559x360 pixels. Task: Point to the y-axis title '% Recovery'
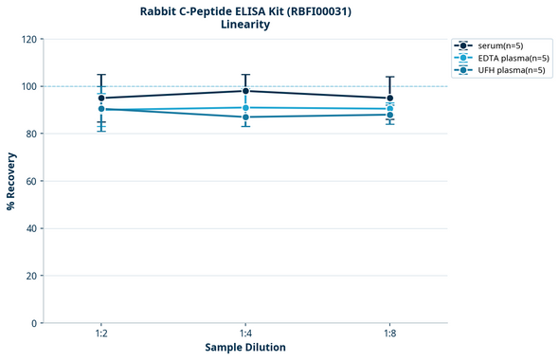[11, 181]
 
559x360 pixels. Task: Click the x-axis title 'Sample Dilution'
[245, 348]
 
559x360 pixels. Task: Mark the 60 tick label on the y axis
[32, 181]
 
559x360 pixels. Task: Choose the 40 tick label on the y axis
[32, 228]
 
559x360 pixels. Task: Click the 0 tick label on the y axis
[35, 323]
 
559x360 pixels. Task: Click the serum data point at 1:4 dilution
[245, 91]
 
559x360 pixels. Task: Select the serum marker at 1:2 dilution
[101, 98]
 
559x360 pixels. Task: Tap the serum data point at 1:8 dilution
[390, 98]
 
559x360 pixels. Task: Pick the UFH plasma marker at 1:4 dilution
[245, 117]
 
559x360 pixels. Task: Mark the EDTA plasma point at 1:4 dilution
[245, 108]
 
